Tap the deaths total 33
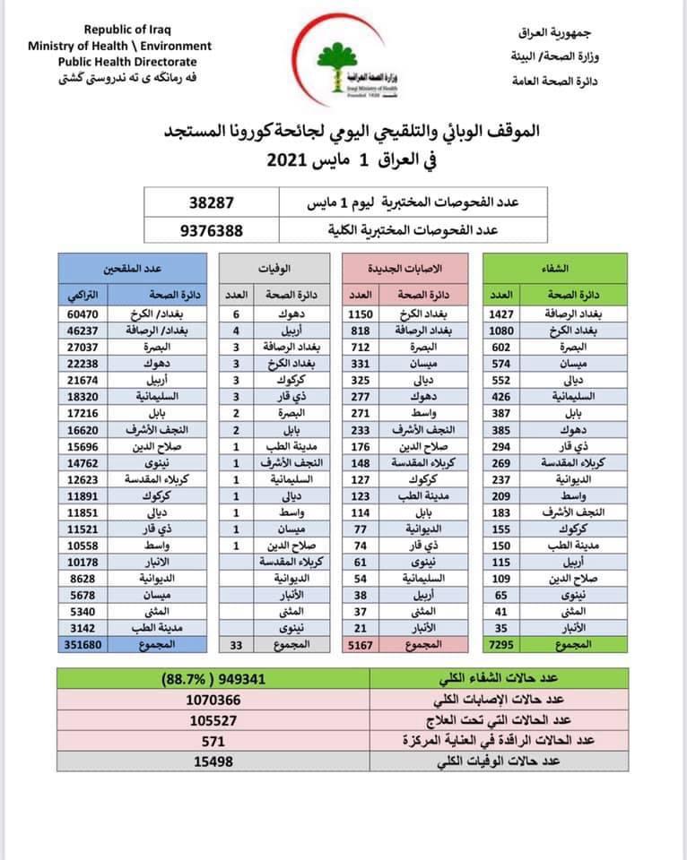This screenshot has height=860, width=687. click(x=238, y=644)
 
